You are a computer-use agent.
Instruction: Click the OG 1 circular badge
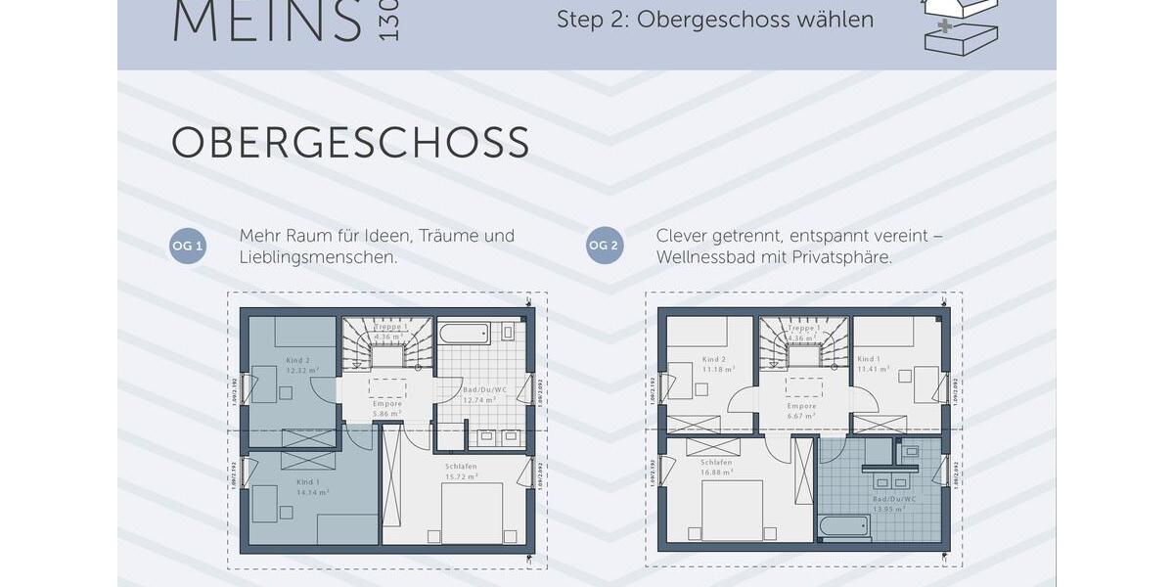(188, 246)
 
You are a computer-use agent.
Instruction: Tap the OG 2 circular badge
(605, 246)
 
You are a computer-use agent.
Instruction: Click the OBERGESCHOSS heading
(350, 143)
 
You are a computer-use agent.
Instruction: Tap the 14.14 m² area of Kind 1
(312, 493)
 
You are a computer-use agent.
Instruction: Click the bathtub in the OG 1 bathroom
(464, 334)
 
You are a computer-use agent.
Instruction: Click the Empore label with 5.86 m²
(387, 409)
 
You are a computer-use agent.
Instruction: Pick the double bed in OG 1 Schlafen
(472, 512)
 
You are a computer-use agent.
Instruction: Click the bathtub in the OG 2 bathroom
(845, 527)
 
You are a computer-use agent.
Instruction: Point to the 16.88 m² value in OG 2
(716, 472)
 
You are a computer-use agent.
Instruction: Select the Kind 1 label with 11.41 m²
(872, 365)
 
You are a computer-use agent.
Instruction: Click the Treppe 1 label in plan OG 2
(802, 328)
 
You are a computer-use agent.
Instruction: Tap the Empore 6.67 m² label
(801, 410)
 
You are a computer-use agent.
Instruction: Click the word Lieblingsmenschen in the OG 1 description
(316, 258)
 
